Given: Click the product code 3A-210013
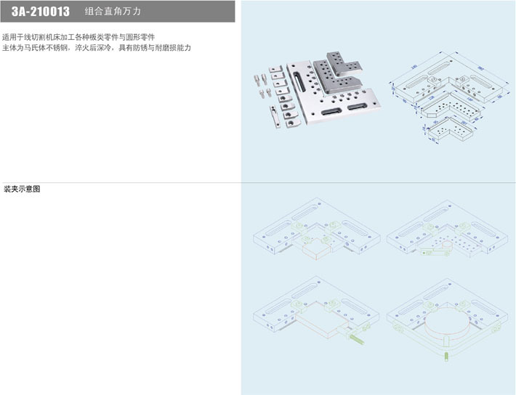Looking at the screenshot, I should tap(41, 12).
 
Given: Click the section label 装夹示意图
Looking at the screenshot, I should tap(22, 189).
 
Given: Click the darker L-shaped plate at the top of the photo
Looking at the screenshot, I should tap(342, 69).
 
